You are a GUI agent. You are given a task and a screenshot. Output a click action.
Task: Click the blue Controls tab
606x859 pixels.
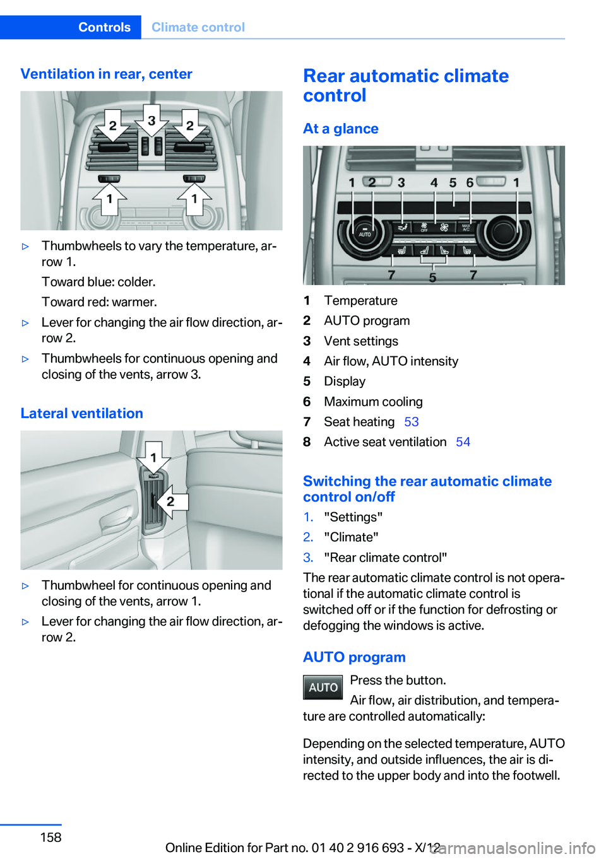[104, 27]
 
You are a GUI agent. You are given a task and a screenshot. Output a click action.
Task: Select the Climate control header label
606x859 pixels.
[198, 27]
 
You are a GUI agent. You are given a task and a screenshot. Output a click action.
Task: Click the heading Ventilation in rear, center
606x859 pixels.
[106, 74]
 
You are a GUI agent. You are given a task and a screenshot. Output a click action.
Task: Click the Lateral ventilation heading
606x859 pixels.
[81, 413]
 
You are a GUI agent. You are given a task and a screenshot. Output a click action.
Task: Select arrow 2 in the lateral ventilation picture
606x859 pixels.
[169, 502]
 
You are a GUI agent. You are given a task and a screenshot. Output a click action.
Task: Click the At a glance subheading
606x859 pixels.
[340, 129]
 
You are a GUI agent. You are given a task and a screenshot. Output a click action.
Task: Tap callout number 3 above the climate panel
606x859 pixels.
[401, 183]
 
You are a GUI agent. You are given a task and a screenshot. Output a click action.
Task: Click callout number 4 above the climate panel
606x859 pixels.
[434, 183]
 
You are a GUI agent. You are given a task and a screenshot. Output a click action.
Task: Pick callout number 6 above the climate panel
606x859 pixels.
[470, 183]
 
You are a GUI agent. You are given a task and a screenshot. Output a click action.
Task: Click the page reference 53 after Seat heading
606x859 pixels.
[411, 422]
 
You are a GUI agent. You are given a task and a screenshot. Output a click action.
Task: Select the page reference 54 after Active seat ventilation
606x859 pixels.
[463, 442]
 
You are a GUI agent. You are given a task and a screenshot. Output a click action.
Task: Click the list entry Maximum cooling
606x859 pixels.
[373, 402]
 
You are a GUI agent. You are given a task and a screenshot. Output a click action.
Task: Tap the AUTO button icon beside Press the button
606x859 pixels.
[323, 687]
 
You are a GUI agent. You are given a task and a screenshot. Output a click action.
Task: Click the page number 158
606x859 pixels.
[50, 837]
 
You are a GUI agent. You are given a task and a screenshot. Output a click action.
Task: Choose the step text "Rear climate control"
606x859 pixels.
[385, 558]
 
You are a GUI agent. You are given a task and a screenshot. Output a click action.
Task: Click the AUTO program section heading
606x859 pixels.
[354, 657]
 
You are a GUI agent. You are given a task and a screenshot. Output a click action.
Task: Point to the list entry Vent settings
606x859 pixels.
[361, 341]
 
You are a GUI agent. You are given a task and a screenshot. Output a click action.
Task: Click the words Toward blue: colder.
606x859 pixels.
[98, 282]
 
